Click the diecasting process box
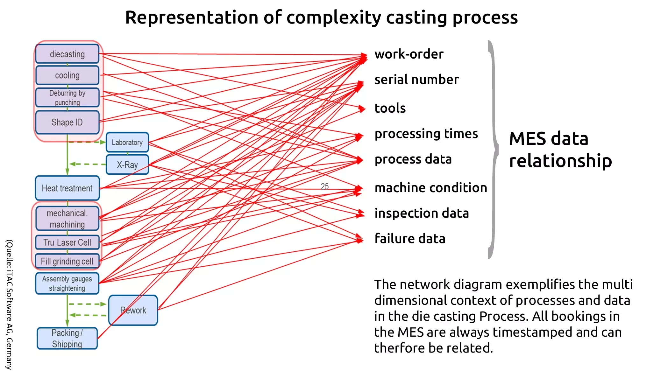[67, 54]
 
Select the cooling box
[67, 75]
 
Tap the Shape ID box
[67, 122]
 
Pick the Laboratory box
[127, 142]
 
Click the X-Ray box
[127, 164]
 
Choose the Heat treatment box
[67, 188]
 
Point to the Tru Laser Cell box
[67, 242]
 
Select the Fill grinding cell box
[67, 261]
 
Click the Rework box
[133, 310]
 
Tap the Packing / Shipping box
[67, 339]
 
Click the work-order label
[409, 54]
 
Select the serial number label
[416, 80]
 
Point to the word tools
[390, 108]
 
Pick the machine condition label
[431, 188]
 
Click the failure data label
[410, 239]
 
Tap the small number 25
[324, 186]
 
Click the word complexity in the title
[334, 17]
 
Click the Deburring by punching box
[67, 97]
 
